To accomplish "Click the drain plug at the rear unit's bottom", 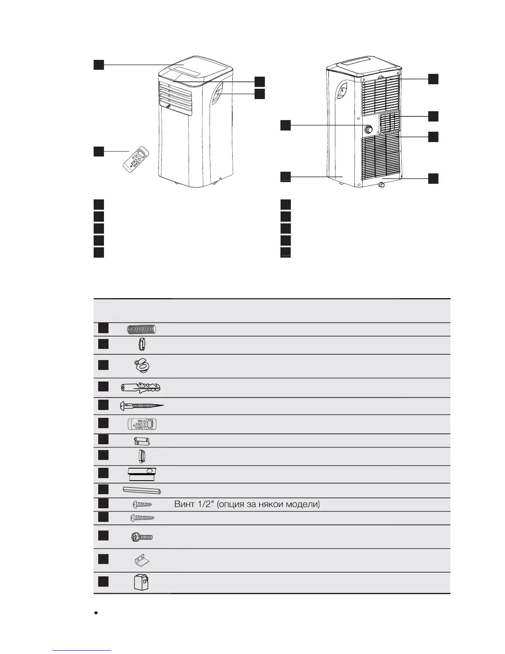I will [382, 184].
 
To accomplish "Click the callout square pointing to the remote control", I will [98, 152].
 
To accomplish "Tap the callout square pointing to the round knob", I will [286, 125].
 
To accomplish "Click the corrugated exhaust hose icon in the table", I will [142, 329].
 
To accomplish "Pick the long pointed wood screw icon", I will [142, 406].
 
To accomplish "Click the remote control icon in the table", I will [142, 424].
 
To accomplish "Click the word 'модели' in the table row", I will [305, 504].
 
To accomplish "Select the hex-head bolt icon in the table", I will [142, 537].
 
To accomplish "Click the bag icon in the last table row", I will [141, 583].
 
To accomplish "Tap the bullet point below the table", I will [96, 614].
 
